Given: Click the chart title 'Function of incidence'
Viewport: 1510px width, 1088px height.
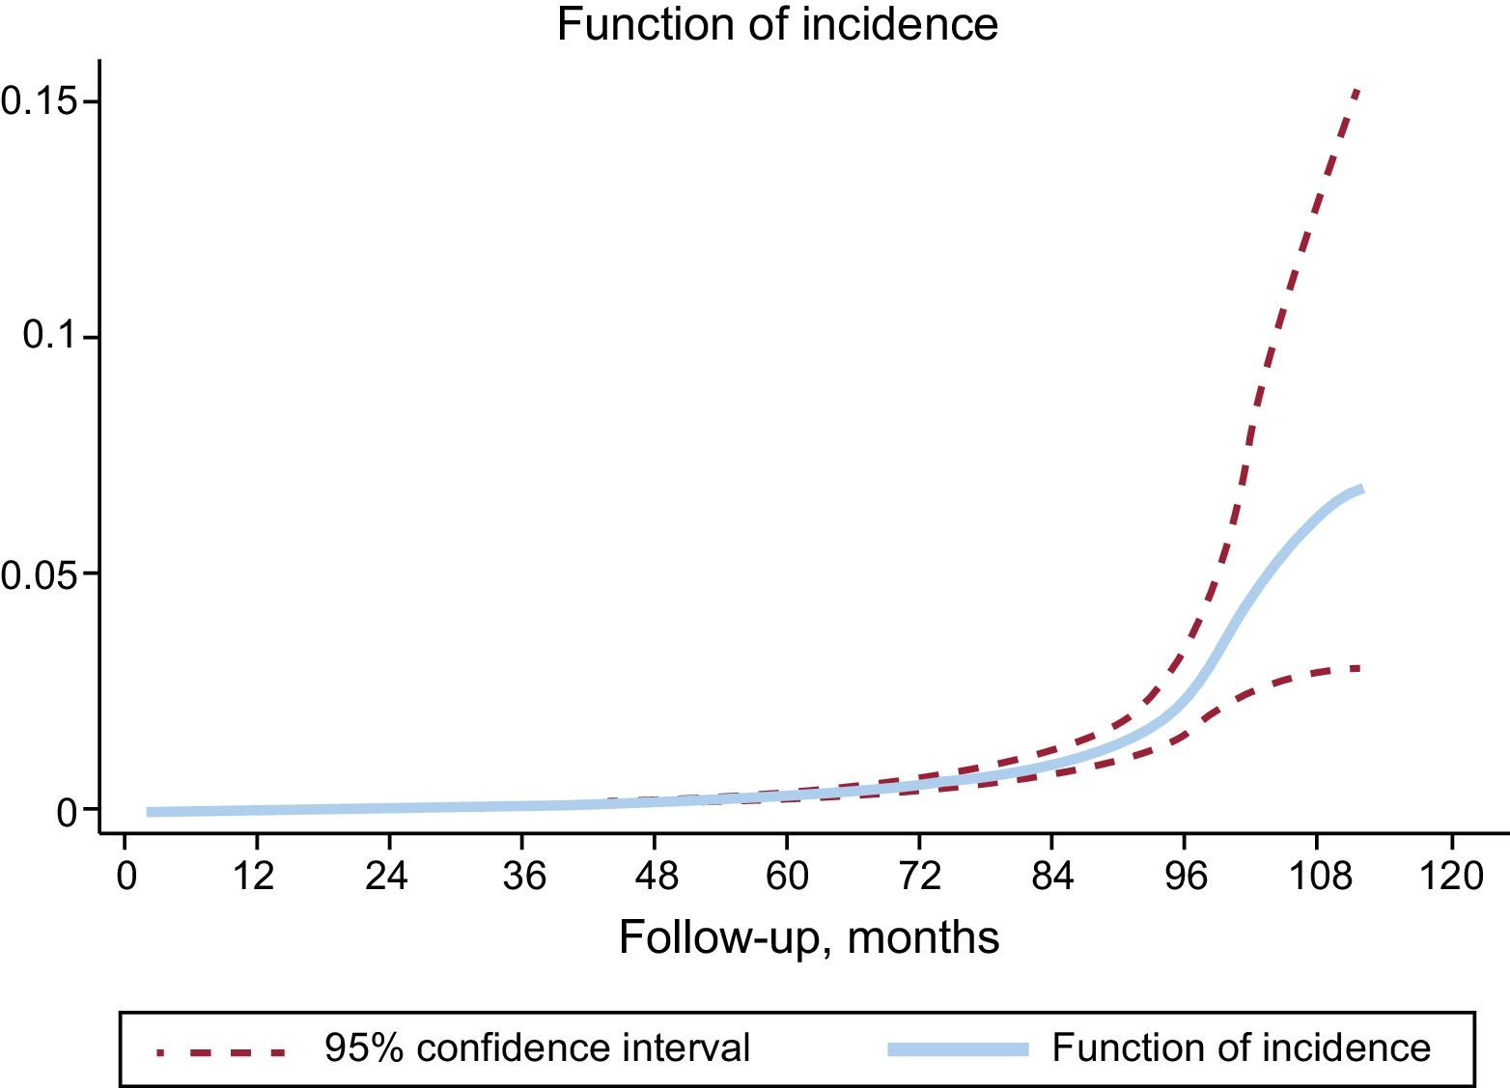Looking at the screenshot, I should [x=777, y=24].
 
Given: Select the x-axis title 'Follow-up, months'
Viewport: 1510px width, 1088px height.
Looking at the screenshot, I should [x=809, y=937].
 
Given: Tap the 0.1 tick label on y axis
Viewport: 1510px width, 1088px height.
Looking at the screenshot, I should [x=49, y=336].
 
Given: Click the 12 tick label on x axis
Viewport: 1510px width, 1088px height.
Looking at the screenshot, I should [x=254, y=877].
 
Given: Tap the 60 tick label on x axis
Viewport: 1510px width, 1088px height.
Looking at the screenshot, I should [x=787, y=877].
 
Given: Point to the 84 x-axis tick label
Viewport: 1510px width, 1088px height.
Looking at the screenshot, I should [x=1052, y=877].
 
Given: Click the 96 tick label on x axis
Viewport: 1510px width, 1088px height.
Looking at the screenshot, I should [x=1185, y=877].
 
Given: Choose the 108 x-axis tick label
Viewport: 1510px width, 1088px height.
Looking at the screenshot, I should [x=1320, y=877].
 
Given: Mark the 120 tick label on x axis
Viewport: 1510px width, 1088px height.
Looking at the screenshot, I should [x=1452, y=877].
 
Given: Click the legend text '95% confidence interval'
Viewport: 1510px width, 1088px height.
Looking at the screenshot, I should [x=537, y=1048].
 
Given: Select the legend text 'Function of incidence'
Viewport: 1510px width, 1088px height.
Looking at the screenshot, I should [x=1241, y=1048].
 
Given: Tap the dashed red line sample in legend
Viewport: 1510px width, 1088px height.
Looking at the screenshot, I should [x=222, y=1050].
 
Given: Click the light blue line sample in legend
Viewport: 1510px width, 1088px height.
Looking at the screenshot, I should [x=958, y=1049].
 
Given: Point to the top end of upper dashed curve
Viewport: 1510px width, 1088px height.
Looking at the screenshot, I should [x=1357, y=90].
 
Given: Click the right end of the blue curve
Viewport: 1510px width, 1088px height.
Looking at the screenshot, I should [x=1360, y=489].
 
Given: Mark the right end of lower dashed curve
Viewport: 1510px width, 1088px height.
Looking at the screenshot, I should [x=1359, y=668].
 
